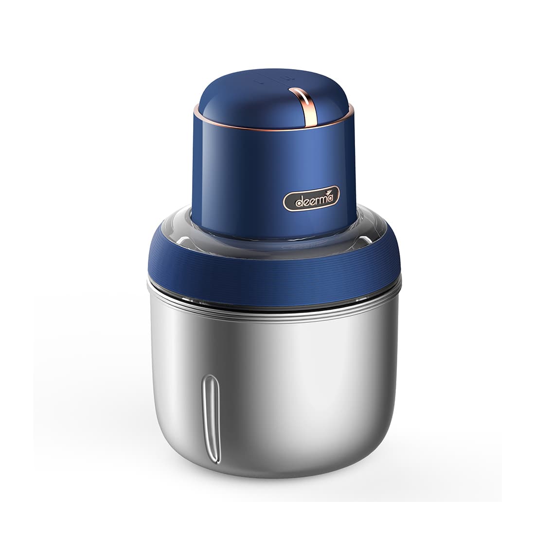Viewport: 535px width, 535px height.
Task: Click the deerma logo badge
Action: tap(312, 199)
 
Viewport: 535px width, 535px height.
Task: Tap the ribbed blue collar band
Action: tap(272, 272)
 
